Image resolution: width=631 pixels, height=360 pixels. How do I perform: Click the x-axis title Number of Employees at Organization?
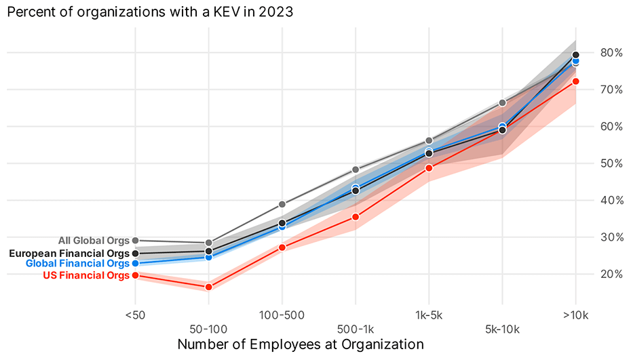click(x=301, y=344)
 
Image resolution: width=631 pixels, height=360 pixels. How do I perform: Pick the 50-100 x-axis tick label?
click(x=208, y=329)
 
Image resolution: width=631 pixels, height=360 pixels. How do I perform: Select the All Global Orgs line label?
click(x=93, y=240)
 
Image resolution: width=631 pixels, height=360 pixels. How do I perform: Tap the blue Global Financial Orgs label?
click(x=77, y=264)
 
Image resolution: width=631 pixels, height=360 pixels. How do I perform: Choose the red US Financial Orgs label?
click(x=85, y=275)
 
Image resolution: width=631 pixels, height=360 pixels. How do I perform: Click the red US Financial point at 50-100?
click(x=208, y=287)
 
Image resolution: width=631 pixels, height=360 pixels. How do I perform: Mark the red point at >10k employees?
click(x=575, y=81)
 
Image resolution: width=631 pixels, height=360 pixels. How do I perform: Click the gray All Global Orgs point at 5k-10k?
click(x=502, y=103)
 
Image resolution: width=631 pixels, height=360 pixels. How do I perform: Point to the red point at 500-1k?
click(x=356, y=217)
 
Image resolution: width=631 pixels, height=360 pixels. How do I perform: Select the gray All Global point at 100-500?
click(x=282, y=204)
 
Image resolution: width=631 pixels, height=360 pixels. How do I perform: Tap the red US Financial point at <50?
click(x=135, y=275)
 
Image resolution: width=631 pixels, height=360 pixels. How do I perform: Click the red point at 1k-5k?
click(x=429, y=168)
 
